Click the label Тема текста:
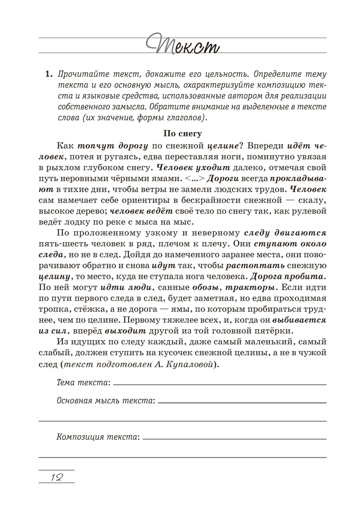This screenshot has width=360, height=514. pyautogui.click(x=83, y=382)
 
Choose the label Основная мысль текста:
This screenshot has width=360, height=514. pyautogui.click(x=105, y=400)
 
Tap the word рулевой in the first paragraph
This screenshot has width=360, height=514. pyautogui.click(x=311, y=211)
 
